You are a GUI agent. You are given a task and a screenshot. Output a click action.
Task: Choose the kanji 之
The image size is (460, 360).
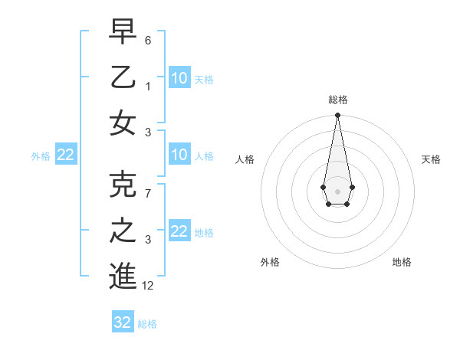click(x=123, y=231)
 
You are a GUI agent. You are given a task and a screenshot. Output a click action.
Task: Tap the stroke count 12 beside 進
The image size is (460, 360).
click(x=148, y=286)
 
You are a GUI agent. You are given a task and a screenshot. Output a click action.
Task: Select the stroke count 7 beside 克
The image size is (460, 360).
click(x=148, y=194)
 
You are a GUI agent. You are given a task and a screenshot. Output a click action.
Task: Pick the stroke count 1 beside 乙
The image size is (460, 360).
click(x=148, y=87)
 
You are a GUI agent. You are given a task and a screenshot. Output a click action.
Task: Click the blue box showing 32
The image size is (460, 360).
click(x=123, y=322)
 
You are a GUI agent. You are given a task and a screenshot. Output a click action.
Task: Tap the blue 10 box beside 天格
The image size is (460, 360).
click(x=179, y=77)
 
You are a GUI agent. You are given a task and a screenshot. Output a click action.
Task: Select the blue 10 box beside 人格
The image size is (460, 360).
click(x=179, y=155)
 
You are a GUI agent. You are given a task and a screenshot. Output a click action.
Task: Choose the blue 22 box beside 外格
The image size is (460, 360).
click(x=65, y=155)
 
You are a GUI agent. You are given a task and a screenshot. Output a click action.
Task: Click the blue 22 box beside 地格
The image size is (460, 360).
click(x=179, y=231)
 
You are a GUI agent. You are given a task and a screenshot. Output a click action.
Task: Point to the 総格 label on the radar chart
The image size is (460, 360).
click(x=337, y=100)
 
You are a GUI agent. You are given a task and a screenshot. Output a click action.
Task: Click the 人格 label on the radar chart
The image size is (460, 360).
click(x=245, y=159)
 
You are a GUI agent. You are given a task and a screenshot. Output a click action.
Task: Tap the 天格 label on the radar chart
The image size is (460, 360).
click(x=431, y=159)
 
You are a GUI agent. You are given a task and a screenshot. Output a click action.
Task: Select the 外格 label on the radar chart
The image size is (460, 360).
click(x=270, y=262)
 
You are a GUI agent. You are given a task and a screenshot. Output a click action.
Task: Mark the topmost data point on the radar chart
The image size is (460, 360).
click(x=337, y=115)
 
